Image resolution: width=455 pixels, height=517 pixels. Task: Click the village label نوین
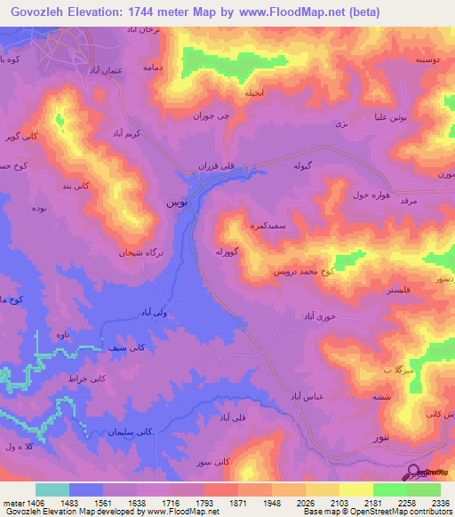[x=176, y=203]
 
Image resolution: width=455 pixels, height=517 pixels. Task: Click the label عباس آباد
[x=304, y=394]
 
